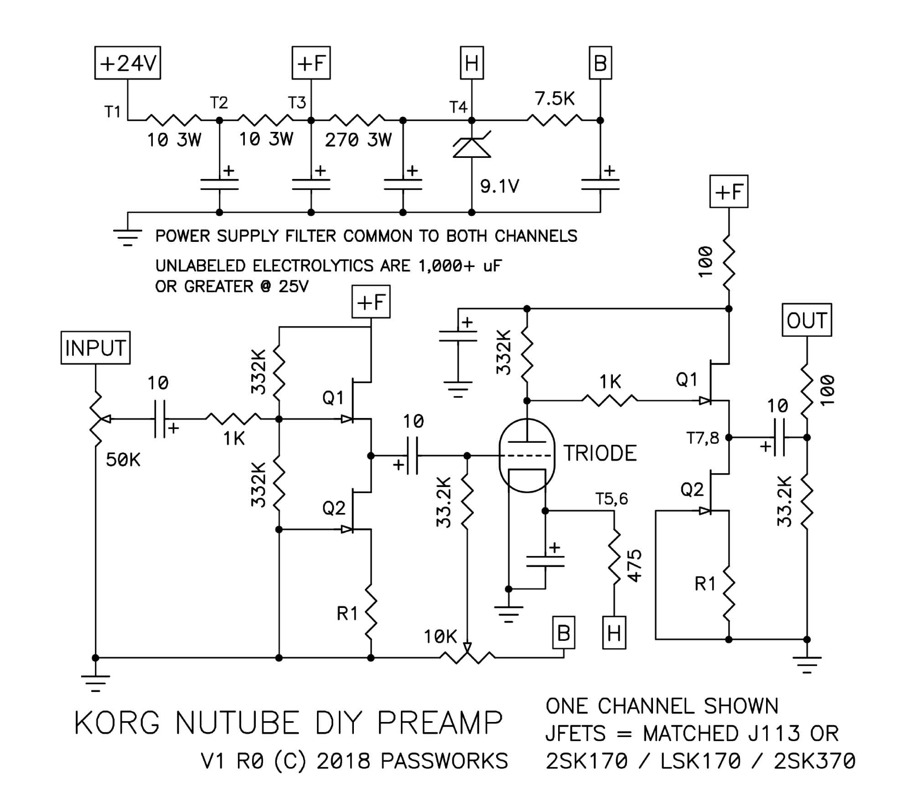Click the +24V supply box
[128, 63]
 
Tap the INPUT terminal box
[96, 348]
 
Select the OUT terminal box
[807, 320]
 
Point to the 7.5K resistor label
[554, 99]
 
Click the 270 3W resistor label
[358, 140]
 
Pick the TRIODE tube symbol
[527, 455]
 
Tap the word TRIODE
[600, 453]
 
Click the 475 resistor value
[634, 566]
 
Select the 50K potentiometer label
[123, 460]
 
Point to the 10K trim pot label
[440, 637]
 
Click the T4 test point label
[458, 107]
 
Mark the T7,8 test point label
[703, 439]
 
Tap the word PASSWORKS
[444, 761]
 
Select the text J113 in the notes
[774, 733]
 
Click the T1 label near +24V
[112, 111]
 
